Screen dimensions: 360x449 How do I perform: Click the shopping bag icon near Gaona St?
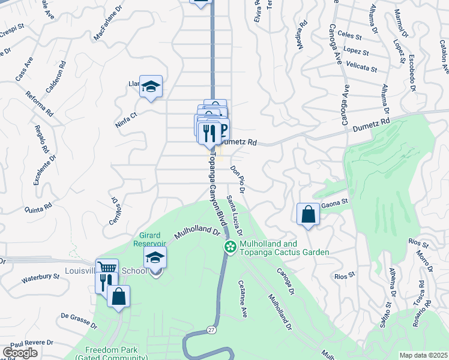click(308, 214)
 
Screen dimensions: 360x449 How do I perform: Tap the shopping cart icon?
click(107, 269)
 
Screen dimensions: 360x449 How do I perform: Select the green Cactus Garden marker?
click(230, 247)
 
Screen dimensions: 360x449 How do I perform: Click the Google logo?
click(20, 353)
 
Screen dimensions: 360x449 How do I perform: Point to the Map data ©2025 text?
click(423, 355)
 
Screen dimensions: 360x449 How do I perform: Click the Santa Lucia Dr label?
click(235, 216)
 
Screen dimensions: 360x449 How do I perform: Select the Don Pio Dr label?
click(238, 179)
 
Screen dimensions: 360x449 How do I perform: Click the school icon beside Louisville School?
click(155, 259)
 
